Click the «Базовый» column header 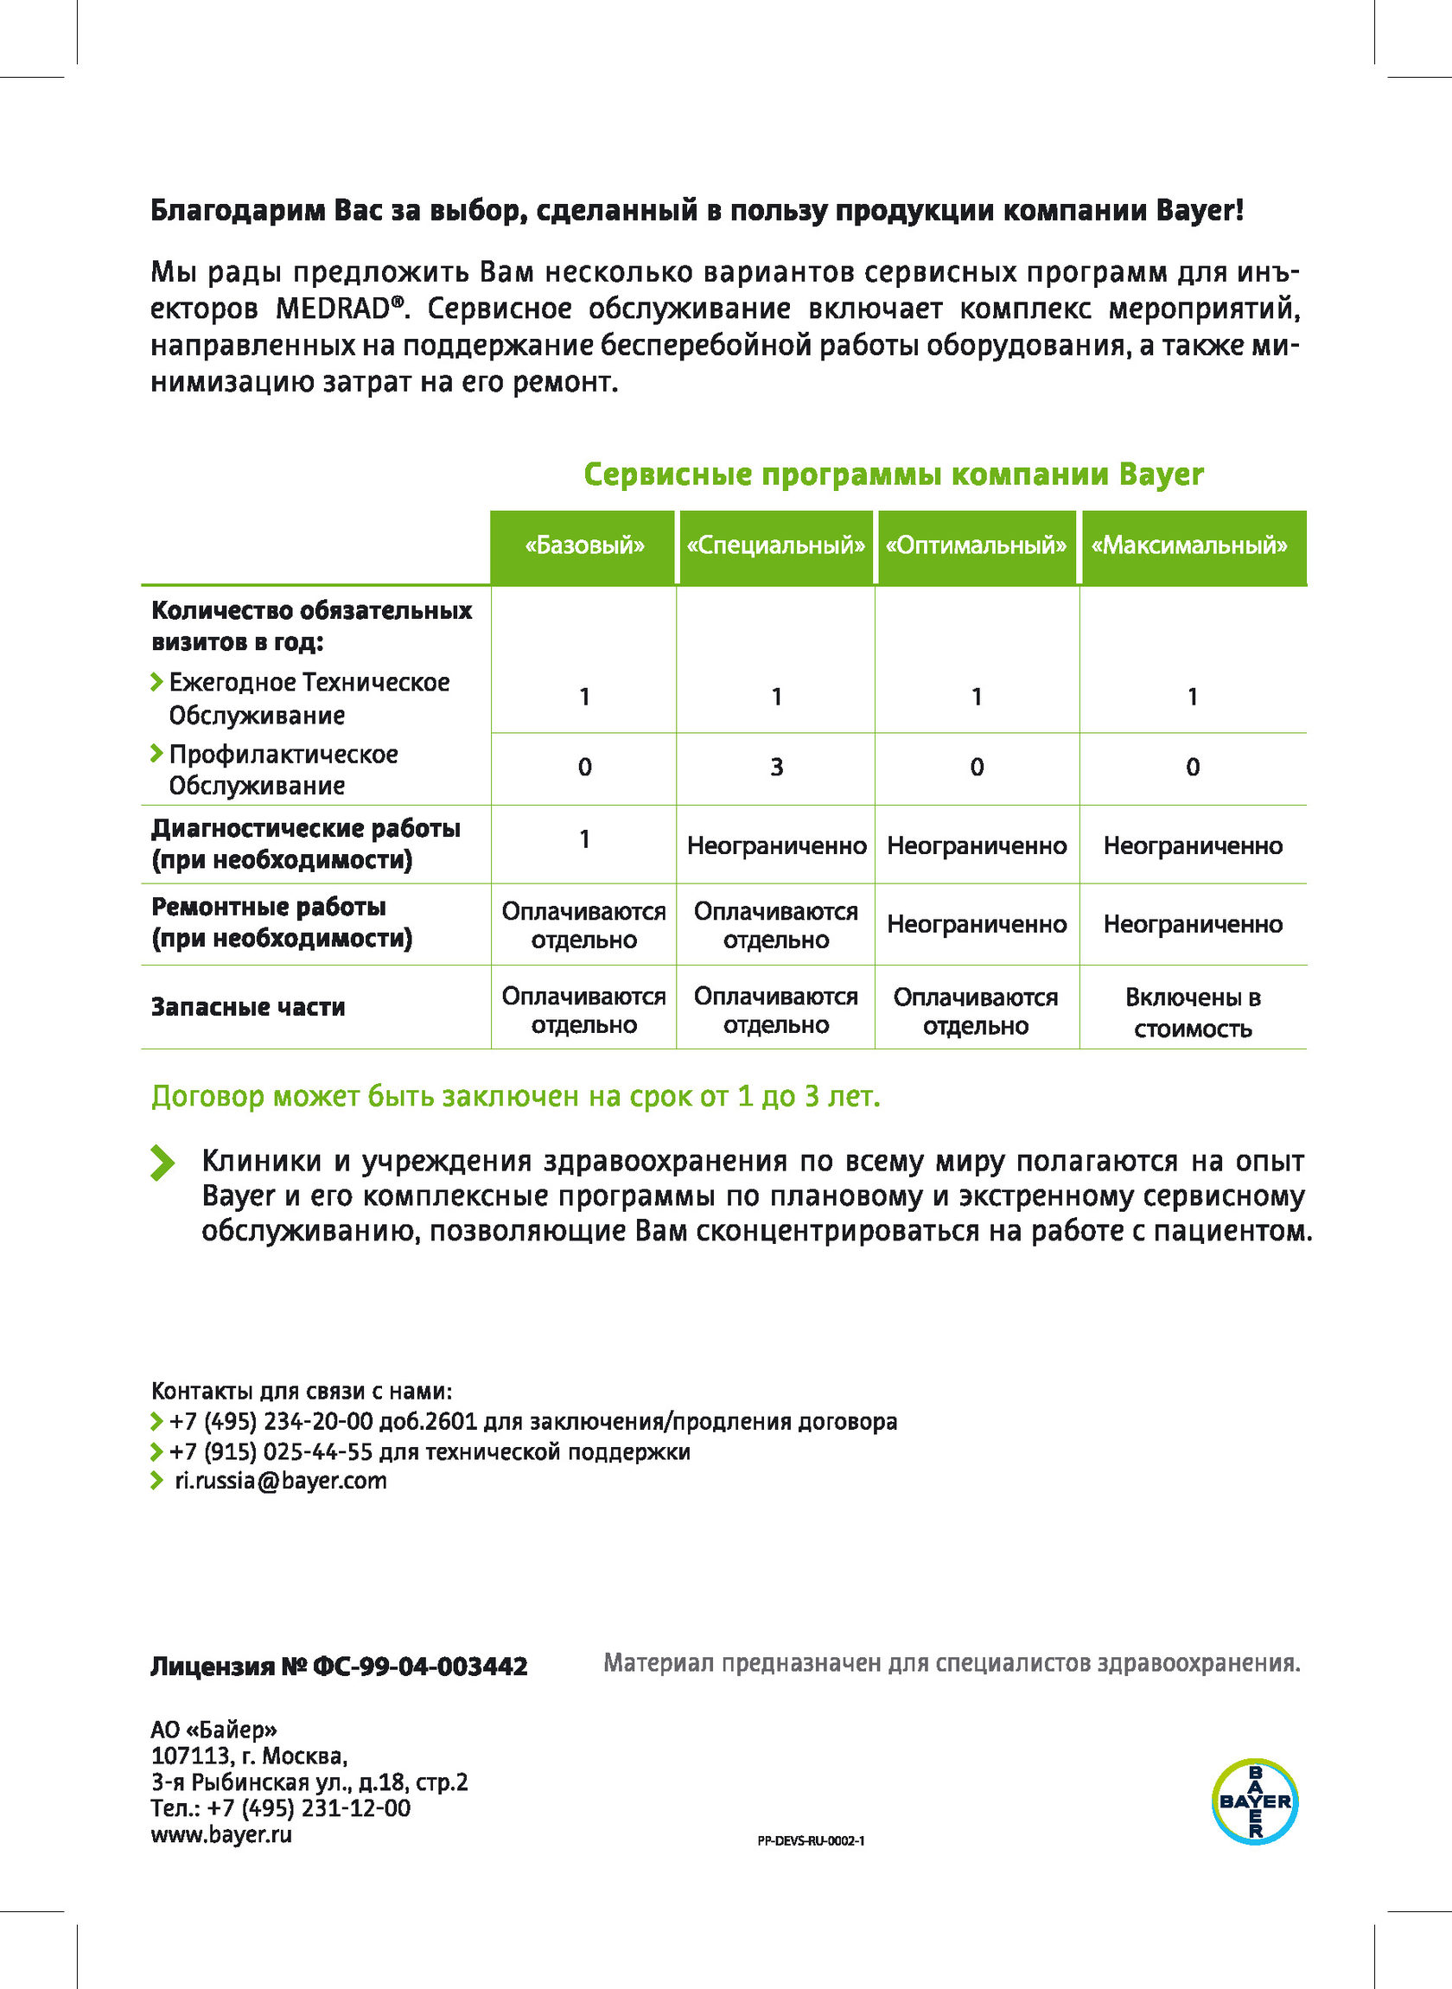[584, 545]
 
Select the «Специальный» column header [776, 545]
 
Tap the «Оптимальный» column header [976, 545]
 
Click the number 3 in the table [777, 768]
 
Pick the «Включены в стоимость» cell [1193, 1012]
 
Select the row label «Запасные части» [248, 1006]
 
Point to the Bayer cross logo [1254, 1801]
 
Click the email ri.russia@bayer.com [280, 1481]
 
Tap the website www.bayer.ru [221, 1834]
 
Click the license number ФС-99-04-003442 [420, 1667]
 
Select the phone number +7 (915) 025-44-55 [271, 1451]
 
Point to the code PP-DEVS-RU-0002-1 [811, 1840]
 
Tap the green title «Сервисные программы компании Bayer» [893, 475]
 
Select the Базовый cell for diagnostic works [584, 839]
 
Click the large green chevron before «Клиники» [162, 1162]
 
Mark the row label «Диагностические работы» [306, 828]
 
